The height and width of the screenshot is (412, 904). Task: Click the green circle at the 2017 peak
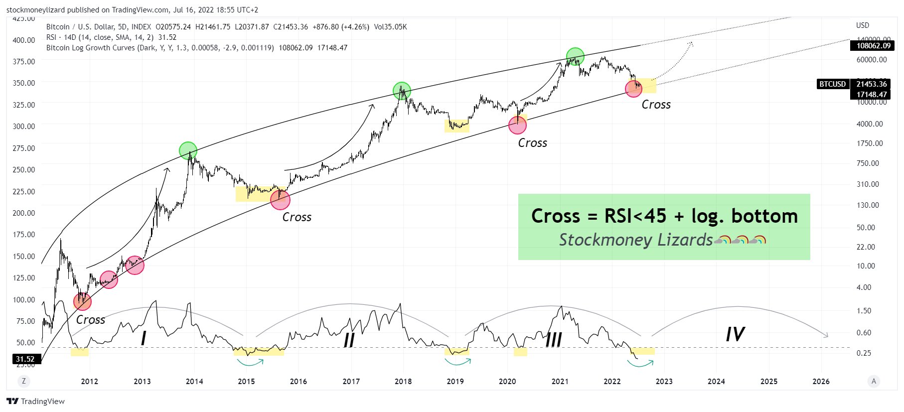pos(402,91)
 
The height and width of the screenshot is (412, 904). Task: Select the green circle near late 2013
pos(188,150)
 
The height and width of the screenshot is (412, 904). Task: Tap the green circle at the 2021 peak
pos(575,57)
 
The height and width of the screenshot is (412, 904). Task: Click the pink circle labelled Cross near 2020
pos(517,125)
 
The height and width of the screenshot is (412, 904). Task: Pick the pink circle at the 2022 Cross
pos(633,89)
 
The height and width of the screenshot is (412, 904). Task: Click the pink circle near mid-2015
pos(280,200)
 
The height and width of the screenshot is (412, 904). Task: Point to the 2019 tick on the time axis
pos(455,382)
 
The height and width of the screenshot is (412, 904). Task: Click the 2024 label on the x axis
pos(716,382)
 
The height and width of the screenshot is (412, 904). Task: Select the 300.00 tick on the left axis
pos(24,126)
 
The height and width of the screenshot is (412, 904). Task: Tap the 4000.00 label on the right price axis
pos(870,124)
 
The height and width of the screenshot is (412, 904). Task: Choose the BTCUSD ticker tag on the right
pos(832,84)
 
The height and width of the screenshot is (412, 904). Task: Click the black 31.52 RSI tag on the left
pos(25,359)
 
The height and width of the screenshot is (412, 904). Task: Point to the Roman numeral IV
pos(735,334)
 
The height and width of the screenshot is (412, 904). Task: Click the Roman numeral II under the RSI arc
pos(349,340)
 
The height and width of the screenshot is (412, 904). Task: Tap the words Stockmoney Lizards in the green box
pos(635,240)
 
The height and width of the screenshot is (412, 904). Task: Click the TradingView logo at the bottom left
pos(36,402)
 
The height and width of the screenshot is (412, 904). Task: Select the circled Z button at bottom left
pos(23,381)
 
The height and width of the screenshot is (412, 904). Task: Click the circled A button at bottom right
pos(873,381)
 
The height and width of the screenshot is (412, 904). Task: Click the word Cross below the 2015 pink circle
pos(297,217)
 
